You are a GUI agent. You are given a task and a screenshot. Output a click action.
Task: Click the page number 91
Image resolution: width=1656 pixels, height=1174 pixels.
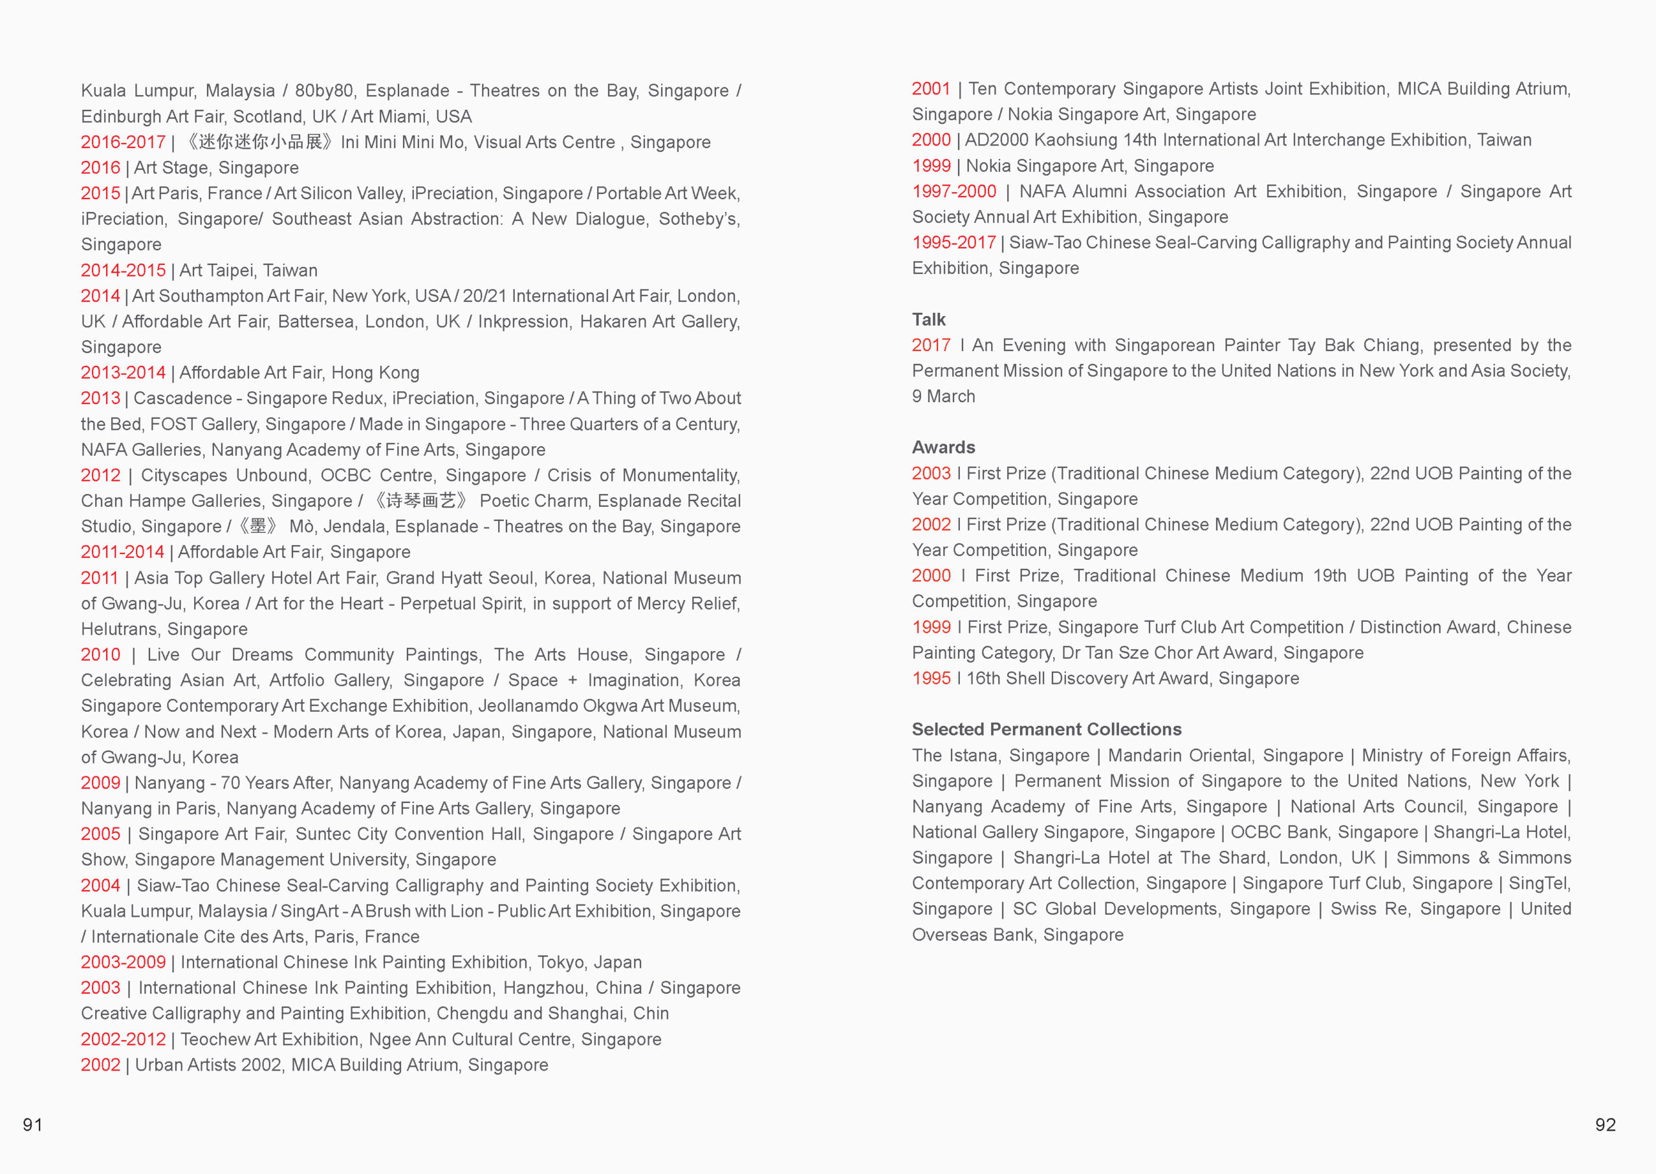(x=32, y=1124)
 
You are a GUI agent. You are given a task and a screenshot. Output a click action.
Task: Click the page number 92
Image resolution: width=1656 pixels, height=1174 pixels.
(x=1605, y=1124)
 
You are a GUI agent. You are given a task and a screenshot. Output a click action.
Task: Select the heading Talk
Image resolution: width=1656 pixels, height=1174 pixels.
(x=928, y=319)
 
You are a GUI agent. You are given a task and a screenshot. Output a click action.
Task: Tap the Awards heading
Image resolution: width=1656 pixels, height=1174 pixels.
(x=943, y=447)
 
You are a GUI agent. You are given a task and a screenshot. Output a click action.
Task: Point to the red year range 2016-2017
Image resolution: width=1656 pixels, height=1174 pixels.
(x=123, y=142)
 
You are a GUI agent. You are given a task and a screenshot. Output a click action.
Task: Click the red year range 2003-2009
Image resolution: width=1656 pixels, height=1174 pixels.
(x=123, y=962)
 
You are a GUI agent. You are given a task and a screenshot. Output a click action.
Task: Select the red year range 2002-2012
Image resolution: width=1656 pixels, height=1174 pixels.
(x=123, y=1039)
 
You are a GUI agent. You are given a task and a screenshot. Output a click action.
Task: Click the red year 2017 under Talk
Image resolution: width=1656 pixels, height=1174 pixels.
(x=931, y=346)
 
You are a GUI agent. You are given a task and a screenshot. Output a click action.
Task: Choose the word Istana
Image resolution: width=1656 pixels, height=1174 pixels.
(x=974, y=756)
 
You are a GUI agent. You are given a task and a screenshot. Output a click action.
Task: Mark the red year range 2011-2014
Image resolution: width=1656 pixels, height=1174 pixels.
(x=122, y=552)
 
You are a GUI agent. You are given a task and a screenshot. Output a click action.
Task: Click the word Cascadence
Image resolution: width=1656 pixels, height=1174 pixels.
(x=183, y=398)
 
